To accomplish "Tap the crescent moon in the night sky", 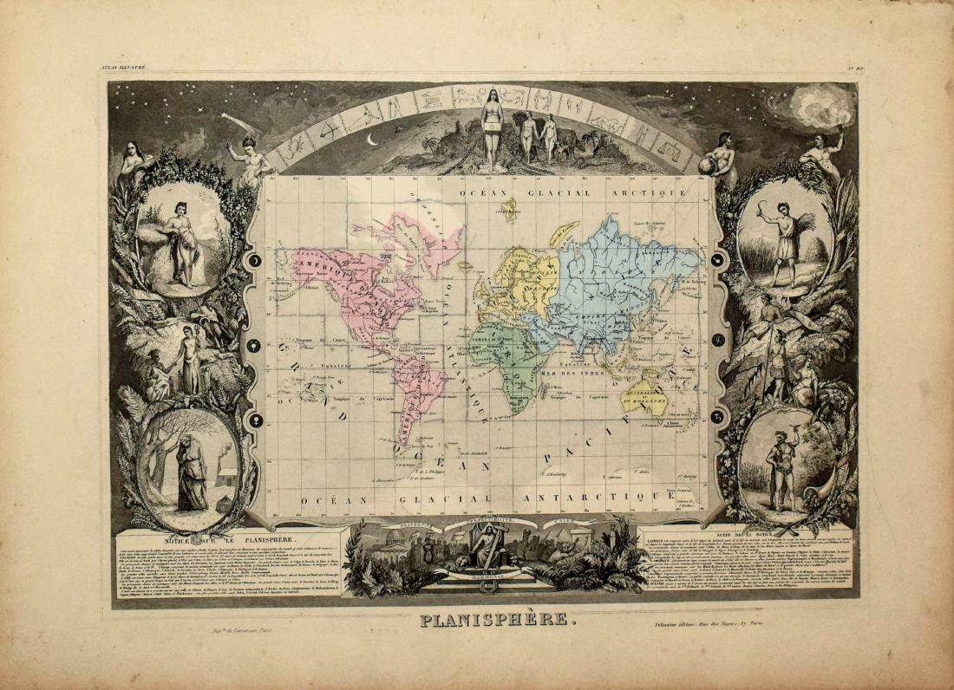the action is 373,139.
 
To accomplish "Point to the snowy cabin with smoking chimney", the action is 228,474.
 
